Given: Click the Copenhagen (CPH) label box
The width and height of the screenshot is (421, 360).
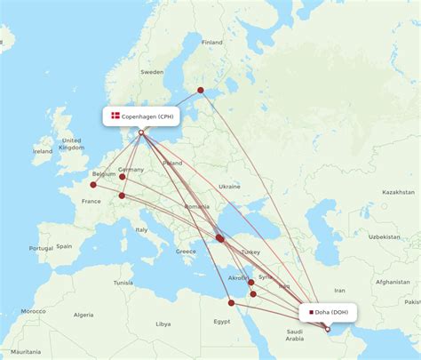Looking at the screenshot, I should pyautogui.click(x=141, y=116).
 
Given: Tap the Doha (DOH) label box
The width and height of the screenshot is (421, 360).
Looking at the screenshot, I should pyautogui.click(x=330, y=311).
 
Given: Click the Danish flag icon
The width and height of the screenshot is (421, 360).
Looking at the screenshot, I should pyautogui.click(x=115, y=116).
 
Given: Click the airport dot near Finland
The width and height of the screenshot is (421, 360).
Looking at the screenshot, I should pyautogui.click(x=201, y=90).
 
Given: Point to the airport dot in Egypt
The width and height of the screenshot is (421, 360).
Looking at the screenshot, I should pyautogui.click(x=232, y=302).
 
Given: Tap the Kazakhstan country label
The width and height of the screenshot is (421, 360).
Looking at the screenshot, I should pyautogui.click(x=398, y=192).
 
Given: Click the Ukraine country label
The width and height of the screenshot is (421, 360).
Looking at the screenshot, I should pyautogui.click(x=229, y=187).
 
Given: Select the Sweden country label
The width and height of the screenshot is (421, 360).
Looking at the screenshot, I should pyautogui.click(x=153, y=71).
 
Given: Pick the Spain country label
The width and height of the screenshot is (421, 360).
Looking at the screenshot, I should pyautogui.click(x=63, y=245).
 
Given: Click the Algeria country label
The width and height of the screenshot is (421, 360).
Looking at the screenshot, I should pyautogui.click(x=83, y=314).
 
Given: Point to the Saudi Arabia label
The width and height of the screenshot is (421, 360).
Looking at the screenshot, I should pyautogui.click(x=295, y=334).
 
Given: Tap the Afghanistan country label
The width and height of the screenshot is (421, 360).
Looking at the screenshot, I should pyautogui.click(x=392, y=282).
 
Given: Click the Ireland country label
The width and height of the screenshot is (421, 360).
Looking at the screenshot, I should pyautogui.click(x=42, y=151).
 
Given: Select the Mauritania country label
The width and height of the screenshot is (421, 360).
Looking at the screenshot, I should pyautogui.click(x=20, y=353).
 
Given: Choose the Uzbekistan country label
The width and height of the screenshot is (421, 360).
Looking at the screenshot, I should pyautogui.click(x=384, y=237).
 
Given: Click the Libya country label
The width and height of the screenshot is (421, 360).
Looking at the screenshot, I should pyautogui.click(x=163, y=324).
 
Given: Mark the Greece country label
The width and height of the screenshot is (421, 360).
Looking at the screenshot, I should pyautogui.click(x=186, y=251).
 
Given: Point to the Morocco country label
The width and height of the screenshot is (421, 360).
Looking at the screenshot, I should pyautogui.click(x=33, y=311).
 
